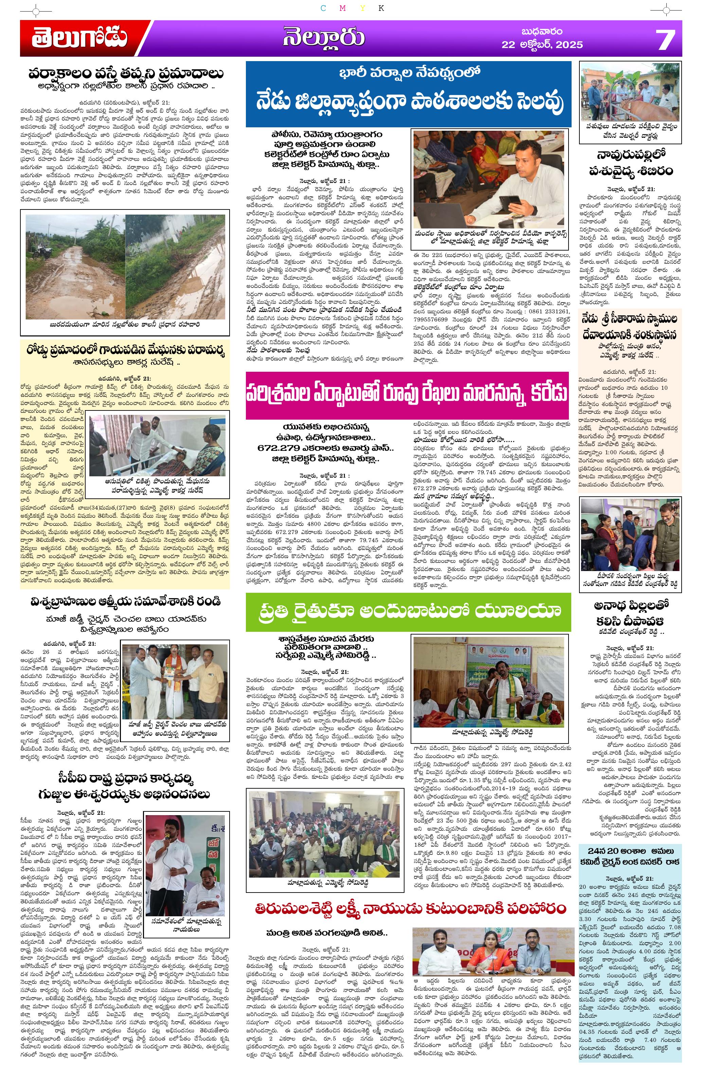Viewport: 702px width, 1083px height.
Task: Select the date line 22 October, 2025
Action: coord(542,44)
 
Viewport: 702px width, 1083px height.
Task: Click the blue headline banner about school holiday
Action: coord(408,94)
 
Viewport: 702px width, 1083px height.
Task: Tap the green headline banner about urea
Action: coord(408,611)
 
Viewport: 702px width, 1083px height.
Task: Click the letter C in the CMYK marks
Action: coord(323,8)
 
